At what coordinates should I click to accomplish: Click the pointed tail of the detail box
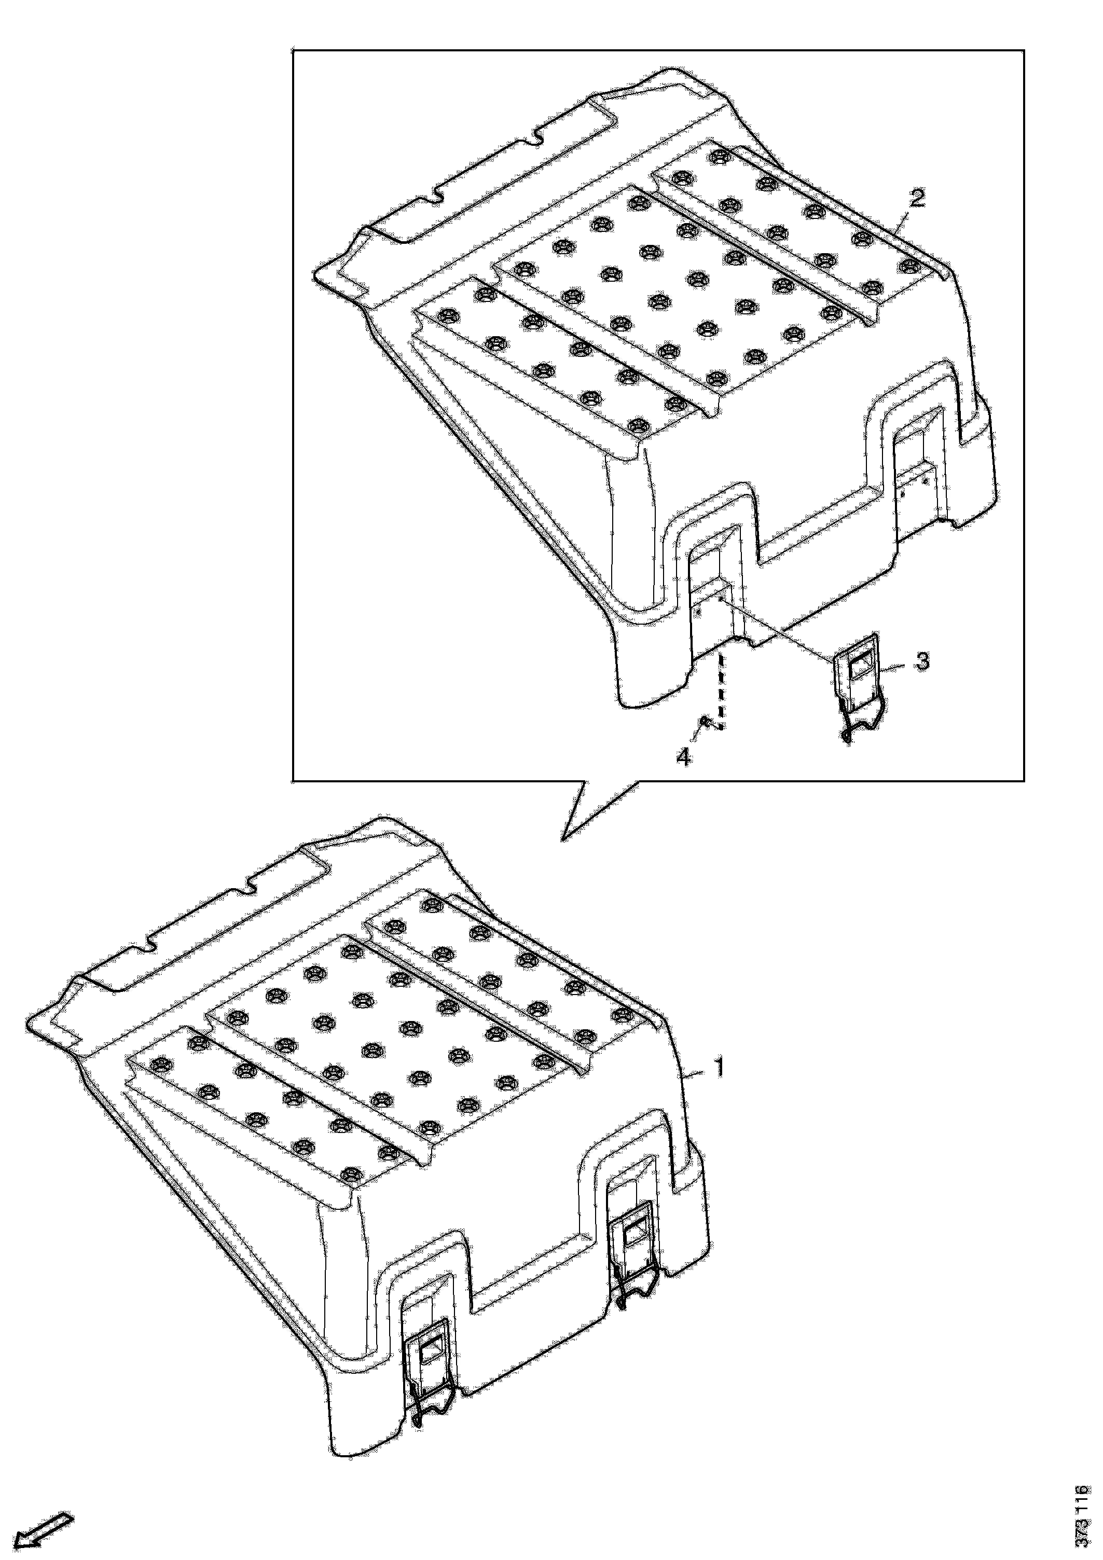[x=563, y=840]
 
